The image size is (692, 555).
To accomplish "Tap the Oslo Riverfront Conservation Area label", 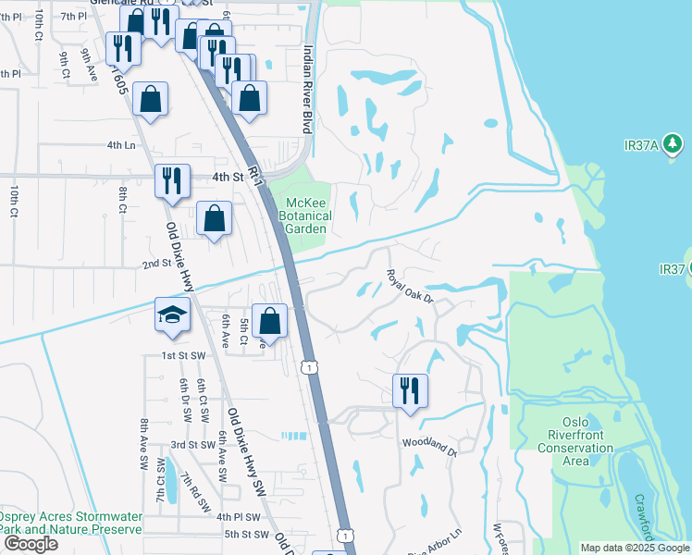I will tap(575, 449).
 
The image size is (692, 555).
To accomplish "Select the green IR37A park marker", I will tap(673, 143).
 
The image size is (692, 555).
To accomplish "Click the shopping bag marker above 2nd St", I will tap(215, 219).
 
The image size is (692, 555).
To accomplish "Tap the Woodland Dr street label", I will tap(429, 448).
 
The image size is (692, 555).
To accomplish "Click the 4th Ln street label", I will tap(120, 145).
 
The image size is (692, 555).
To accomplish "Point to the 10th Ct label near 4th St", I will tap(14, 202).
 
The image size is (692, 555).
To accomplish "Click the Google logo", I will tap(31, 544).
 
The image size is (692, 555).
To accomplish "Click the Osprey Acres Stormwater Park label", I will tap(70, 523).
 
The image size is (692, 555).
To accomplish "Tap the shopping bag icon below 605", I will tap(150, 98).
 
